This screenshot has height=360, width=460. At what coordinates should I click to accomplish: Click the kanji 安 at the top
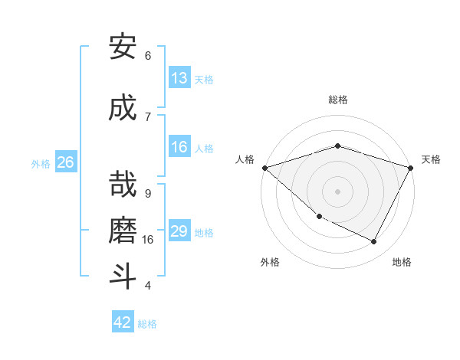coord(123,47)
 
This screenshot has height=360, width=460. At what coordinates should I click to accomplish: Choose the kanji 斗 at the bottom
coord(123,276)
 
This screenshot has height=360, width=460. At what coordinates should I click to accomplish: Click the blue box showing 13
coord(179,78)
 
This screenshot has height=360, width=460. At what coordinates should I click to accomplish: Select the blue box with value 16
coord(179,147)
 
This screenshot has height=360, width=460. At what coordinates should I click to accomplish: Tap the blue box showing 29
coord(179,231)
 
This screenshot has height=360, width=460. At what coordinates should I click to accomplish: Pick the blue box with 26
coord(65,162)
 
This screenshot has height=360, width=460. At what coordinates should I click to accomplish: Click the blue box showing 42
coord(123,322)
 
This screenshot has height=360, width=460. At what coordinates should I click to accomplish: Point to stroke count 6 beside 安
coord(148,56)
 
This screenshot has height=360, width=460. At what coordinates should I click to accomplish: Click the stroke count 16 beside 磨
coord(148,239)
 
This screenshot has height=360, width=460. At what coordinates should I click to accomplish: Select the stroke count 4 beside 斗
coord(148,286)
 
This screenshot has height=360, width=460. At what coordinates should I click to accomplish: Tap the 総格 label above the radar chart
coord(337,100)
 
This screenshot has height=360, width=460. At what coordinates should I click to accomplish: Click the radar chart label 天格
coord(431,159)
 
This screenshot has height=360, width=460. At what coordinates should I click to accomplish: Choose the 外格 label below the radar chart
coord(270,262)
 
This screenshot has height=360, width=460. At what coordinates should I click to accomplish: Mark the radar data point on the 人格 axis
coord(264,167)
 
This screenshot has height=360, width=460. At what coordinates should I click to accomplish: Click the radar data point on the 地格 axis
coord(374,242)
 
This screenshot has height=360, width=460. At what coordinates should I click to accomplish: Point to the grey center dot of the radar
coord(337,191)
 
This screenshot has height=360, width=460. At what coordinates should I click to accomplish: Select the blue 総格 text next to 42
coord(147,324)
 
